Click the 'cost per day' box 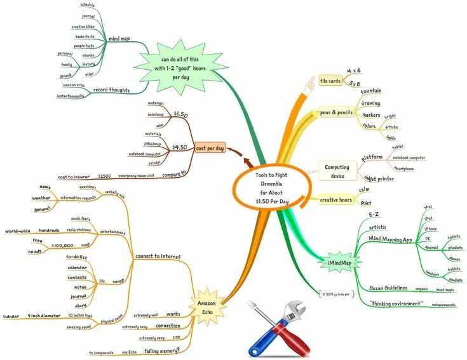(210, 148)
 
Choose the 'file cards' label (330, 81)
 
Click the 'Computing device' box (337, 171)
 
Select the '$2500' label (104, 175)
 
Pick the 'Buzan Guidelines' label (388, 288)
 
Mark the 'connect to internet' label (158, 257)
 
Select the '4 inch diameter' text (44, 315)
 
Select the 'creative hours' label (336, 200)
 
